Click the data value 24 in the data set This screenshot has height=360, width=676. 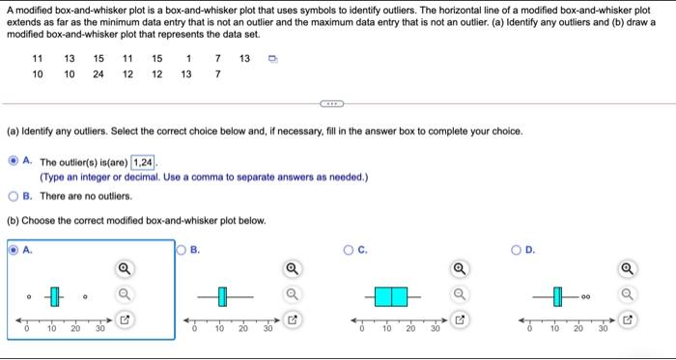tap(98, 74)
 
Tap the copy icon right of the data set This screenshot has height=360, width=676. tap(272, 59)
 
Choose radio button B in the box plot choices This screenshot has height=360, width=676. tap(182, 250)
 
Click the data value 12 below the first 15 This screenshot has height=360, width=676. tap(127, 74)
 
